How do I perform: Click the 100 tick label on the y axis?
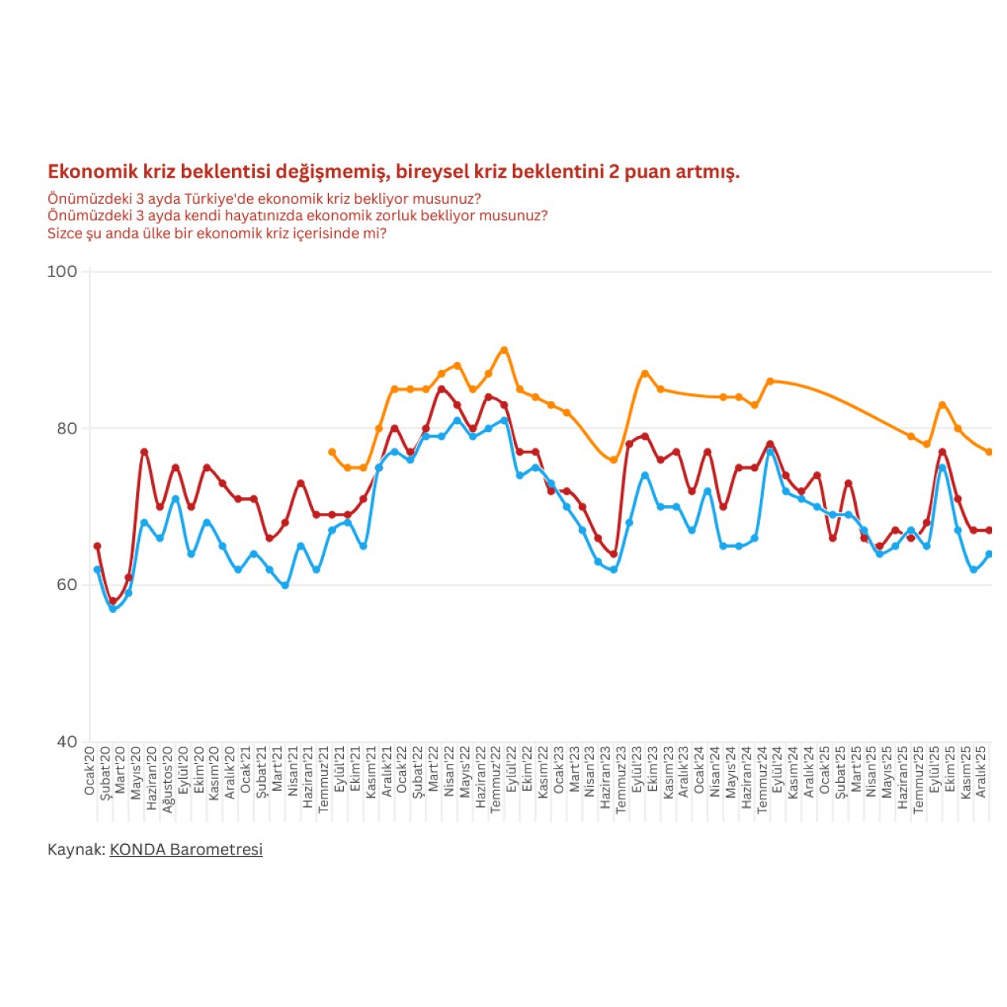[62, 271]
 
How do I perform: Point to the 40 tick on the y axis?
[67, 741]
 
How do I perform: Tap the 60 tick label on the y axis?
[67, 585]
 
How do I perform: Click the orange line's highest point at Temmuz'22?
[504, 350]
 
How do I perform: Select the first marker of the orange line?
[332, 452]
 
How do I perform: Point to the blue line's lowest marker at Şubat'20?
[113, 609]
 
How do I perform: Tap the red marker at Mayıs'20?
[144, 452]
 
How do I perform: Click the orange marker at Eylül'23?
[644, 374]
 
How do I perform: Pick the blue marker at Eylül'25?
[942, 468]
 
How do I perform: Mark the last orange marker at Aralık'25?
[989, 452]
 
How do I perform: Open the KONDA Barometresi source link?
[186, 850]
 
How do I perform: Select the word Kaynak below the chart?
[75, 850]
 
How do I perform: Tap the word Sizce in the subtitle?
[65, 234]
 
